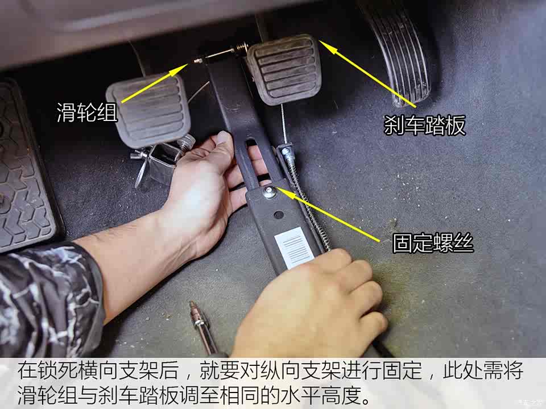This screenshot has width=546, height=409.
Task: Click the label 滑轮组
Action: pos(86,112)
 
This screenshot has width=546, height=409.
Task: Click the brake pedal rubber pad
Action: pos(284,68)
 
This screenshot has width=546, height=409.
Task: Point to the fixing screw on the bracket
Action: pos(270,191)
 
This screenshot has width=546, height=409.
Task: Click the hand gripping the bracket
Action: pos(205,187)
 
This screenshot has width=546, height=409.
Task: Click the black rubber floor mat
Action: pos(23,170)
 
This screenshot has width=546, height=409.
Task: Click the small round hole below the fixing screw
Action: pos(278,215)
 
